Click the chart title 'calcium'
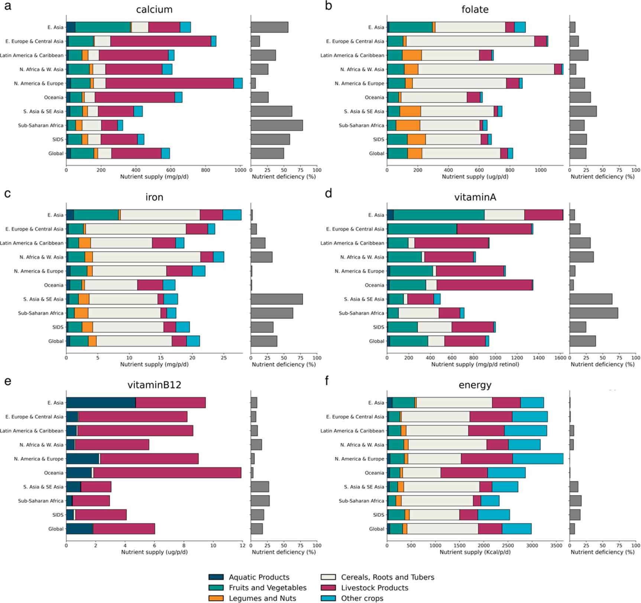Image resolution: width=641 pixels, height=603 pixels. [154, 9]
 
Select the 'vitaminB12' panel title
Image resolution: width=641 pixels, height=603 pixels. [154, 385]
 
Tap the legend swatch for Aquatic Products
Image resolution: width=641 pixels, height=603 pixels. [216, 577]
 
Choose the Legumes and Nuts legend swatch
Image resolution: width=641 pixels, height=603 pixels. [216, 598]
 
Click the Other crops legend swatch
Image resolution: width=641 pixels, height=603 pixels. [328, 598]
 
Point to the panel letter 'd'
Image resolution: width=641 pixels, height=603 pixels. [328, 194]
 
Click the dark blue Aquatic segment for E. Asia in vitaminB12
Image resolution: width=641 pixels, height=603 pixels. [101, 403]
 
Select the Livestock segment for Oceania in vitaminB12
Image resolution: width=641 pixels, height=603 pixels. [167, 473]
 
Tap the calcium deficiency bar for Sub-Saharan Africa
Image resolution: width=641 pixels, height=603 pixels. [276, 126]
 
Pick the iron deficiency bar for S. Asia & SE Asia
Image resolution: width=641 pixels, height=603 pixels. [276, 299]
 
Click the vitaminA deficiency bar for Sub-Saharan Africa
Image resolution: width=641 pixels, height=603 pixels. [593, 313]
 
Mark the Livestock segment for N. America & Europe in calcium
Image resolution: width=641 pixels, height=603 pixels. [169, 83]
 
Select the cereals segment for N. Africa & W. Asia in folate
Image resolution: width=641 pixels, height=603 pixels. [486, 69]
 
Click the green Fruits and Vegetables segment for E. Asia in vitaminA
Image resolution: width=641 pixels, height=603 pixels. [439, 215]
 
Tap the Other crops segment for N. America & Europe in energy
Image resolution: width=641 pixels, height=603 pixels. [538, 459]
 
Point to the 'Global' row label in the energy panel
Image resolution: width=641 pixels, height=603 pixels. [376, 529]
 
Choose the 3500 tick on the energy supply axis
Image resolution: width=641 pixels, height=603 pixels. [556, 545]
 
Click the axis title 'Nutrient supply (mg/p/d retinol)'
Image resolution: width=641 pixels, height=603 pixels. [475, 364]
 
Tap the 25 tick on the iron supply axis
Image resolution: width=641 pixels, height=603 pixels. [223, 358]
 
